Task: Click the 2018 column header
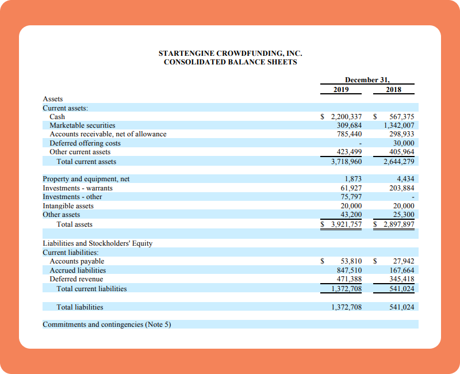coord(394,90)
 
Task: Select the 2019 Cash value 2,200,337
coord(346,116)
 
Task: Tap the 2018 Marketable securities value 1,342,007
coord(399,125)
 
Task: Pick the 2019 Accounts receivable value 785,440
coord(349,134)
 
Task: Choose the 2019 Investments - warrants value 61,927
coord(351,188)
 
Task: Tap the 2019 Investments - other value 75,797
coord(351,197)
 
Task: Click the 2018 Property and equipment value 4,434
coord(406,179)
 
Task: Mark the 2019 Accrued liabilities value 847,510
coord(349,270)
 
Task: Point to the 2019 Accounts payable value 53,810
coord(351,261)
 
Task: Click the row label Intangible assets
coord(68,206)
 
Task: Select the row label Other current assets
coord(80,152)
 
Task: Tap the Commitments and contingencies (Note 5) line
coord(107,325)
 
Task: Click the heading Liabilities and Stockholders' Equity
coord(98,243)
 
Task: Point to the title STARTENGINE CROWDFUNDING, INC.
coord(230,54)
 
